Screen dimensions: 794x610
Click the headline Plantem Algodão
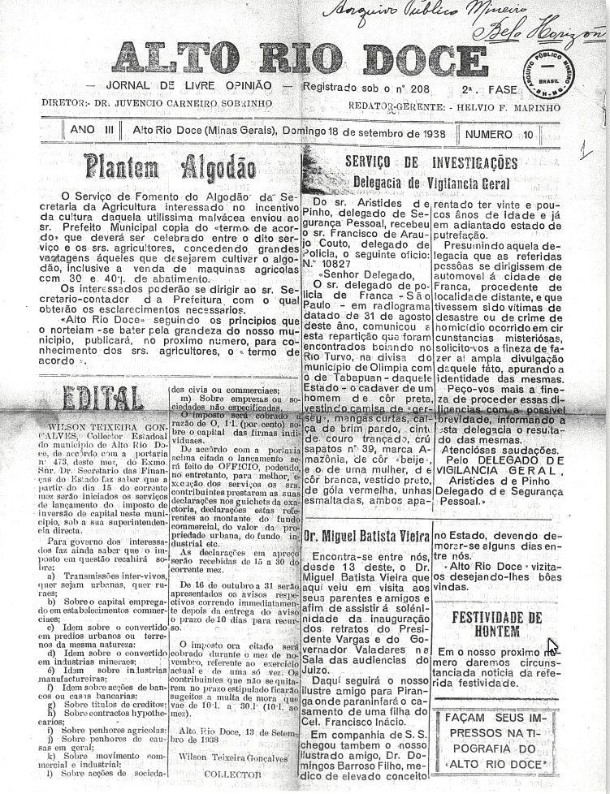158,167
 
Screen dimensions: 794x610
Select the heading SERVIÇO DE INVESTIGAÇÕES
430,162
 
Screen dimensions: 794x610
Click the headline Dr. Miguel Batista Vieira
365,536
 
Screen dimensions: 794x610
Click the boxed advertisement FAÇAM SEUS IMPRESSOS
496,740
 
